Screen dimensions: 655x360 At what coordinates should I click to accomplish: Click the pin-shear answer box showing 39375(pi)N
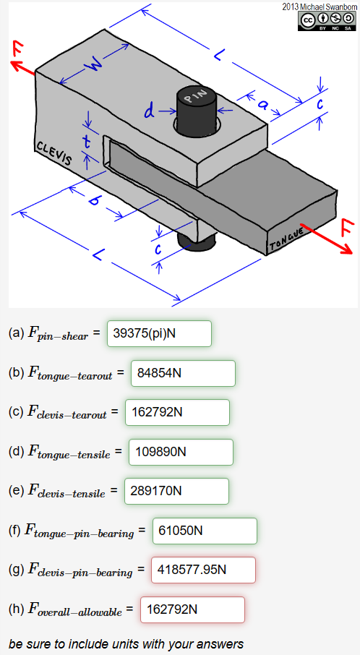[x=159, y=334]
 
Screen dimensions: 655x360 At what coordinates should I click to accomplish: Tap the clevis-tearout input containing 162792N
[x=177, y=413]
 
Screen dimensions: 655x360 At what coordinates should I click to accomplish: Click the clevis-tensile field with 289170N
[x=176, y=492]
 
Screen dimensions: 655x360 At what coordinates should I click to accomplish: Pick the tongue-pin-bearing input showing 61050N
[x=205, y=531]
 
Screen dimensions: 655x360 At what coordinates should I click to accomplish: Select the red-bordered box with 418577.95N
[x=203, y=570]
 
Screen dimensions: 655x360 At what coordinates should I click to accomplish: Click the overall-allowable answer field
[x=192, y=609]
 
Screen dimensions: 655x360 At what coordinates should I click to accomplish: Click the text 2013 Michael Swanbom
[x=320, y=7]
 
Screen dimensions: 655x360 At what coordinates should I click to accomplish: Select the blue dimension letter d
[x=150, y=112]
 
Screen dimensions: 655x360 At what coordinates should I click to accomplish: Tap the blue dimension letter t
[x=87, y=142]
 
